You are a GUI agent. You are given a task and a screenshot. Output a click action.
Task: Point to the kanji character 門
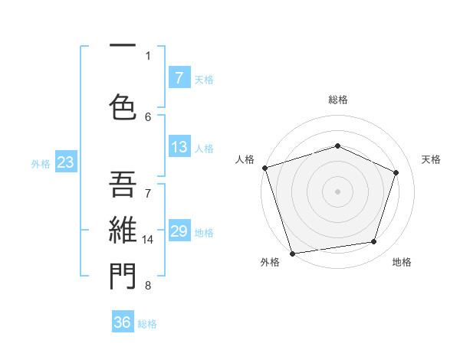[x=123, y=277]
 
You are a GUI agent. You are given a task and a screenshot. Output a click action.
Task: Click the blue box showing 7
[x=179, y=77]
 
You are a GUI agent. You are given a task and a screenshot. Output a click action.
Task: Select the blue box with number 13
[x=179, y=147]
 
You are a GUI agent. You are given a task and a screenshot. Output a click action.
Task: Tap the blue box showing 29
[x=179, y=231]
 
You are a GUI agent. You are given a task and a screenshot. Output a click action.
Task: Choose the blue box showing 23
[x=65, y=162]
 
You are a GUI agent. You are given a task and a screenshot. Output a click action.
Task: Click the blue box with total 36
[x=123, y=322]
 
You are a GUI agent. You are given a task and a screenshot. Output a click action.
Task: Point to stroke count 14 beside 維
[x=148, y=240]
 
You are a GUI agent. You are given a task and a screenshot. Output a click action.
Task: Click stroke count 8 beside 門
[x=148, y=286]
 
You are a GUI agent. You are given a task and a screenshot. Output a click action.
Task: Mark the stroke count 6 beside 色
[x=148, y=116]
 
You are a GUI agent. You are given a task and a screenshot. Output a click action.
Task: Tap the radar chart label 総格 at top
[x=337, y=100]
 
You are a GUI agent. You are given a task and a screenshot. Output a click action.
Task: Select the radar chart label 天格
[x=431, y=159]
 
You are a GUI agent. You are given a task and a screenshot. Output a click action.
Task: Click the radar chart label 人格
[x=245, y=159]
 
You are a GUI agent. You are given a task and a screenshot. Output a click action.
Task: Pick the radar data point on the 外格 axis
[x=292, y=252]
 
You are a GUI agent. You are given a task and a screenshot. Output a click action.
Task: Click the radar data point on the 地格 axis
[x=374, y=242]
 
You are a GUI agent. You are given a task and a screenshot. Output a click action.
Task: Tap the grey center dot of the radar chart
[x=337, y=191]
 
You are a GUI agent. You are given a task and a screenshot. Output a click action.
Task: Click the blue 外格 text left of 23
[x=41, y=163]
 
